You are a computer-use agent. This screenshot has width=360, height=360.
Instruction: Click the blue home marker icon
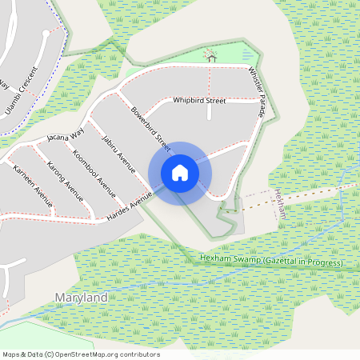pyautogui.click(x=179, y=172)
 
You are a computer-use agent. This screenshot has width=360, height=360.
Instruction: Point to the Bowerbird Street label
pyautogui.click(x=151, y=129)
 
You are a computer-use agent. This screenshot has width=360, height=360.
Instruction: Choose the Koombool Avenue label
pyautogui.click(x=94, y=168)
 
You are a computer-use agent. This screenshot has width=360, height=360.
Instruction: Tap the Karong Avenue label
pyautogui.click(x=65, y=179)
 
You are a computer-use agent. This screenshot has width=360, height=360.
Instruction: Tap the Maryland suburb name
pyautogui.click(x=81, y=298)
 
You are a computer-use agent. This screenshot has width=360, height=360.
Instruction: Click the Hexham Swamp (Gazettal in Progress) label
pyautogui.click(x=271, y=262)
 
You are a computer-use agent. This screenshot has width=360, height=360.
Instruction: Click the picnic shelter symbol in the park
pyautogui.click(x=210, y=55)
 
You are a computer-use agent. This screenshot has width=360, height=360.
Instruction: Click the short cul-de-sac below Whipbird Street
pyautogui.click(x=210, y=112)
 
